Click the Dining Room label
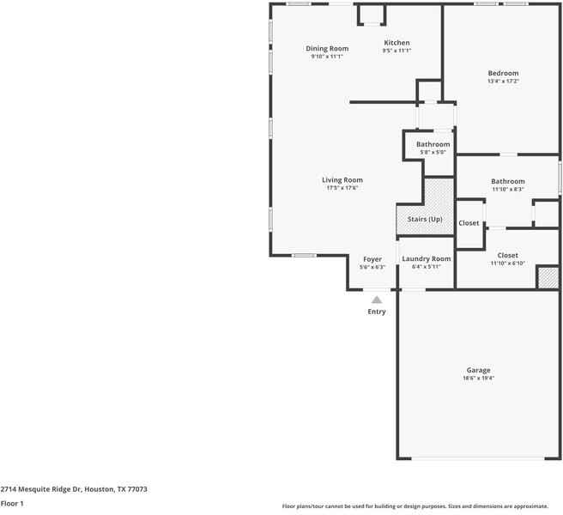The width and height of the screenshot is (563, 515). (x=327, y=49)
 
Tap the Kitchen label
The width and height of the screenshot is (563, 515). (x=397, y=43)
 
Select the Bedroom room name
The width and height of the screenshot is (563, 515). (x=503, y=74)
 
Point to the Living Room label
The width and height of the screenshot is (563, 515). (x=342, y=180)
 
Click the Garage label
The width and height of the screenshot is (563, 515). (x=478, y=370)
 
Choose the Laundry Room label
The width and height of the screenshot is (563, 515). (x=426, y=259)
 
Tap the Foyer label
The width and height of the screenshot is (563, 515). (x=372, y=259)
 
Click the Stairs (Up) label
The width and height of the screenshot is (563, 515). (x=425, y=220)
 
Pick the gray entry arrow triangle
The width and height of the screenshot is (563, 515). (x=376, y=299)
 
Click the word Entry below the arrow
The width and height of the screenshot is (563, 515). (x=377, y=312)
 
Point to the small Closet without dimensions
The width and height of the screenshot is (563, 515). (x=469, y=223)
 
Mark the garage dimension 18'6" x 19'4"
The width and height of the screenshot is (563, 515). (x=478, y=379)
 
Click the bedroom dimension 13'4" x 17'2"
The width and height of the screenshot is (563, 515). (x=503, y=82)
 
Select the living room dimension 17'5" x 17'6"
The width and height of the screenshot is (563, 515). (x=342, y=188)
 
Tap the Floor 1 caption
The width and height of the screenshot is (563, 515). (x=12, y=504)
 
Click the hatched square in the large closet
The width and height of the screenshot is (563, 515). (x=548, y=277)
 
